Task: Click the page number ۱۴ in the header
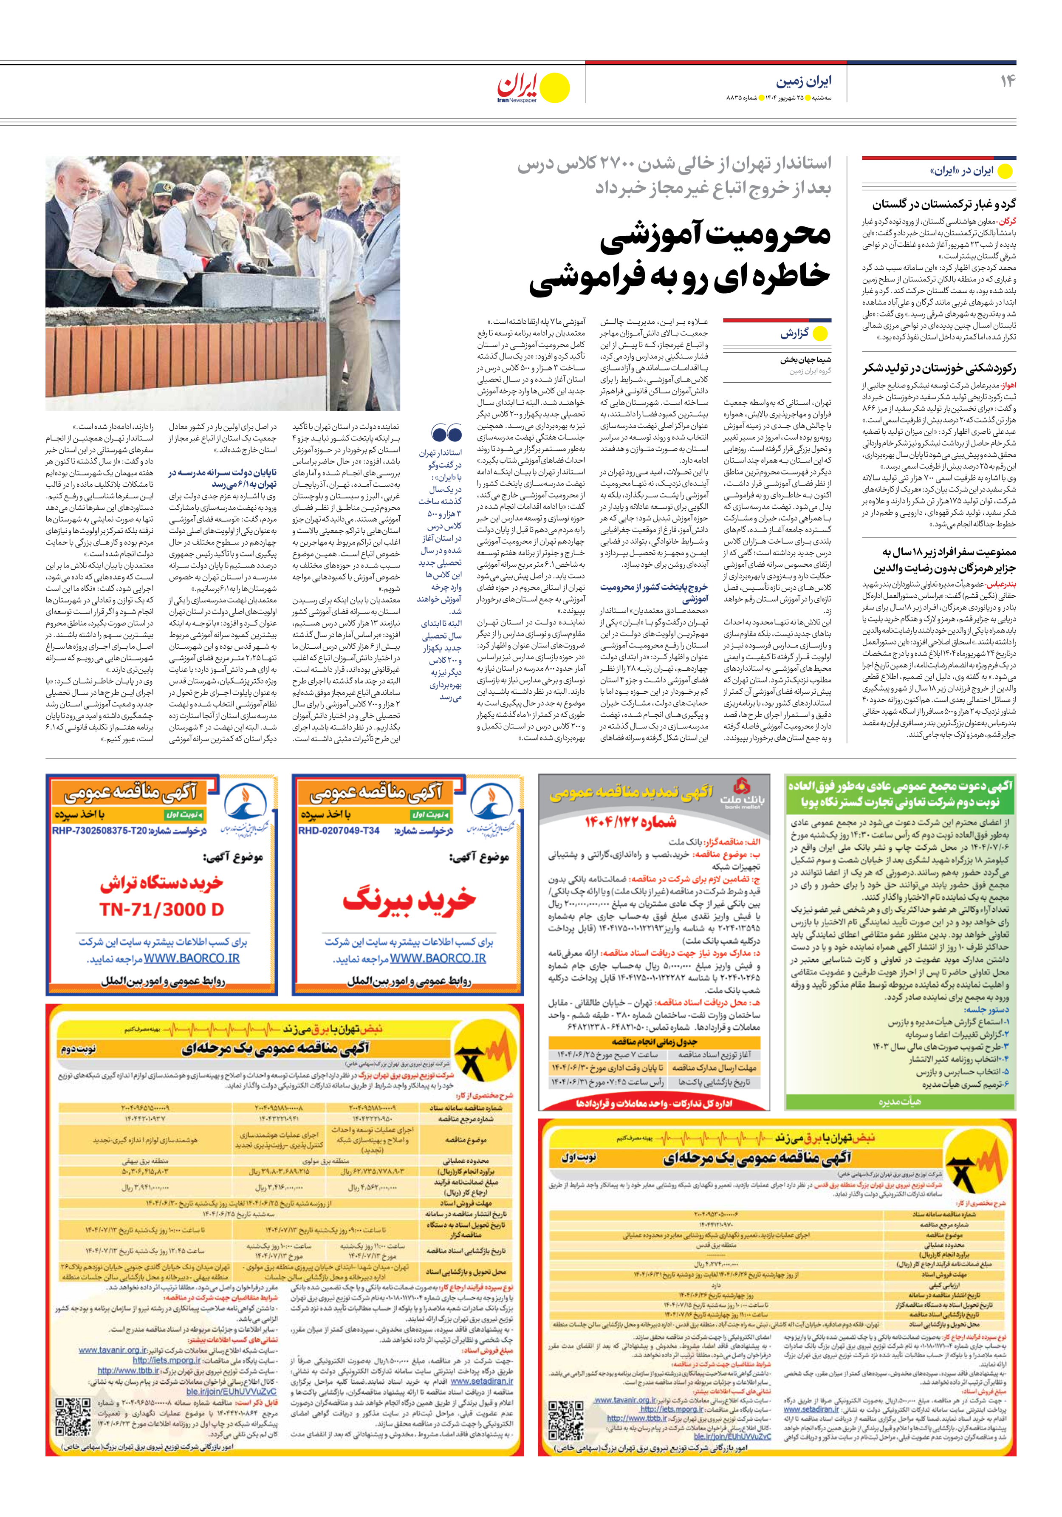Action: [1007, 81]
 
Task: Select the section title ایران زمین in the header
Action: [804, 81]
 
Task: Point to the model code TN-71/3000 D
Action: [162, 910]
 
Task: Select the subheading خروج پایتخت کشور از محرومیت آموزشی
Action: [654, 593]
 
